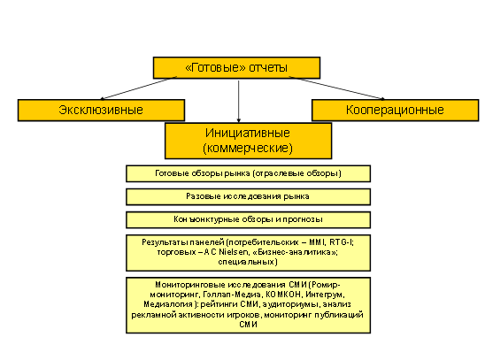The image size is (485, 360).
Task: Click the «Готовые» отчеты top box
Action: (x=236, y=67)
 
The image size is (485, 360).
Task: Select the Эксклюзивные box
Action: (x=101, y=110)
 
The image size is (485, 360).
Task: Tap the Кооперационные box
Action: (x=395, y=110)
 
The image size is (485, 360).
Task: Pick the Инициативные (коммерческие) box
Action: (x=248, y=141)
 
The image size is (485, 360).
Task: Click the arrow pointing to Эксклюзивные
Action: (x=139, y=88)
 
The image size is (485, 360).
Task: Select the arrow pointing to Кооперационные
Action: (x=337, y=88)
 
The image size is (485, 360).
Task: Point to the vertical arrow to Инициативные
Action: (x=238, y=102)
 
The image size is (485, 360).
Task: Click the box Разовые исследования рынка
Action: (x=248, y=197)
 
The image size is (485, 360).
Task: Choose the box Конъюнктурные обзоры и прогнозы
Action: (x=248, y=219)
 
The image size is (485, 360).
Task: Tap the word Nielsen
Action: (x=234, y=252)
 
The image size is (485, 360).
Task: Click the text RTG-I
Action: (x=341, y=242)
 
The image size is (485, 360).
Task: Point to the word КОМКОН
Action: (x=283, y=295)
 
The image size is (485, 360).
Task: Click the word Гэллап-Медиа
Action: (x=232, y=295)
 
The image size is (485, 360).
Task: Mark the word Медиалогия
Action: (x=169, y=304)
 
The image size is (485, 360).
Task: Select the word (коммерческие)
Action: (x=248, y=149)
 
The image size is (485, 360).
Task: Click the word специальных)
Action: (x=248, y=262)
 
